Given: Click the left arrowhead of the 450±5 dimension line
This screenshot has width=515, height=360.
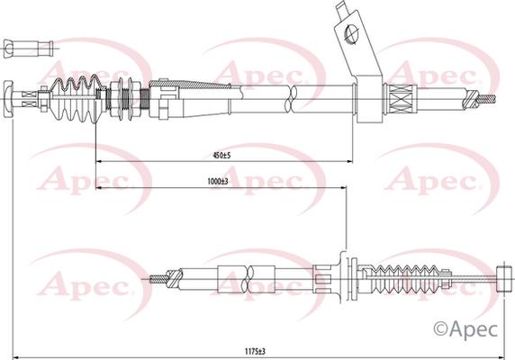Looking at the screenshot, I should tap(97, 160).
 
